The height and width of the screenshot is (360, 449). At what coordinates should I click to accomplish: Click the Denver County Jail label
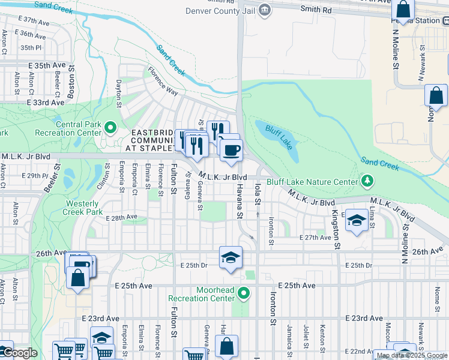220,10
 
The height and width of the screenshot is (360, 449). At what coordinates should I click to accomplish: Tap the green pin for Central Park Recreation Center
110,128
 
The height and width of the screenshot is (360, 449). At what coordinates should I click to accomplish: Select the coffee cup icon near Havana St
231,149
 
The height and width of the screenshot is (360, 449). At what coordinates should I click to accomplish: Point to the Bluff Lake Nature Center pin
367,181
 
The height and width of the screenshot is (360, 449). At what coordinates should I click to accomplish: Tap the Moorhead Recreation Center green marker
244,293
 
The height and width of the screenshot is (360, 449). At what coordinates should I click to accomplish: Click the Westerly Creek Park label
90,208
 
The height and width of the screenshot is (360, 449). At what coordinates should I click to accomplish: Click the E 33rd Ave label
45,103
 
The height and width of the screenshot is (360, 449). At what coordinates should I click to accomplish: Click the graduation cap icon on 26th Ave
231,257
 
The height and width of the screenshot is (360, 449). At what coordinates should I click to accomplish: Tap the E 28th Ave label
122,218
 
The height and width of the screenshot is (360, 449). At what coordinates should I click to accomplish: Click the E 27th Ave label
316,238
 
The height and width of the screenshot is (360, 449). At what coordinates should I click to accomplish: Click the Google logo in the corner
20,353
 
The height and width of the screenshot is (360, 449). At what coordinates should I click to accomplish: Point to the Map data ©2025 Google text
411,355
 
